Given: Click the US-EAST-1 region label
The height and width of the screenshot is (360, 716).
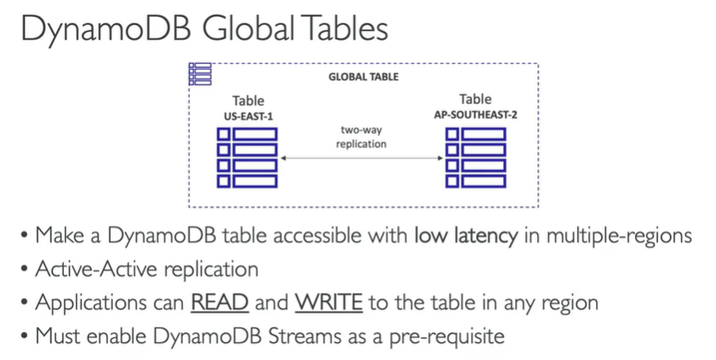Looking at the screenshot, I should tap(248, 115).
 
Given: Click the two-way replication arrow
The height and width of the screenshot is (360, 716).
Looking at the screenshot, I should tap(363, 158).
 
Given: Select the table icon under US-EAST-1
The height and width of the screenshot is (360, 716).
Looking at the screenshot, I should tap(247, 157).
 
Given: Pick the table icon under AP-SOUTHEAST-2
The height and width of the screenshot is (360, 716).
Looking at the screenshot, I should tap(476, 157).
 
